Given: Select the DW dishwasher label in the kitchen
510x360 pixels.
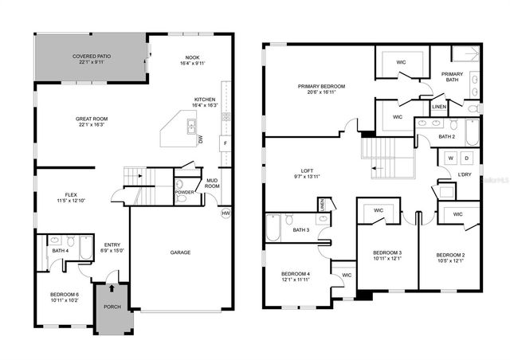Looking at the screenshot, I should tap(201, 139).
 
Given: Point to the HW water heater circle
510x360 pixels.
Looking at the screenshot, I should tap(226, 213).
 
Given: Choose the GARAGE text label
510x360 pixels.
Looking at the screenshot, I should tap(180, 252).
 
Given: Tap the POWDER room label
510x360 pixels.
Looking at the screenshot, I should tap(184, 191).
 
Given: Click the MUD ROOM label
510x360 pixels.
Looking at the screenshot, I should tap(213, 183).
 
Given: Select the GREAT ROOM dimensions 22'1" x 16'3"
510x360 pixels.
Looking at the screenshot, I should tap(92, 124).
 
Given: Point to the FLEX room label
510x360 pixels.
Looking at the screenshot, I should tap(71, 194).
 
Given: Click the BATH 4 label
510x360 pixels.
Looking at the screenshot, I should tap(61, 252).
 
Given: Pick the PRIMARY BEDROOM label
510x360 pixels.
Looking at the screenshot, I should tap(319, 86).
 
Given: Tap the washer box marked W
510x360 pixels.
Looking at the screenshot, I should tap(450, 158).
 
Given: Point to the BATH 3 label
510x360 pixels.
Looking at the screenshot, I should tap(300, 230).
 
